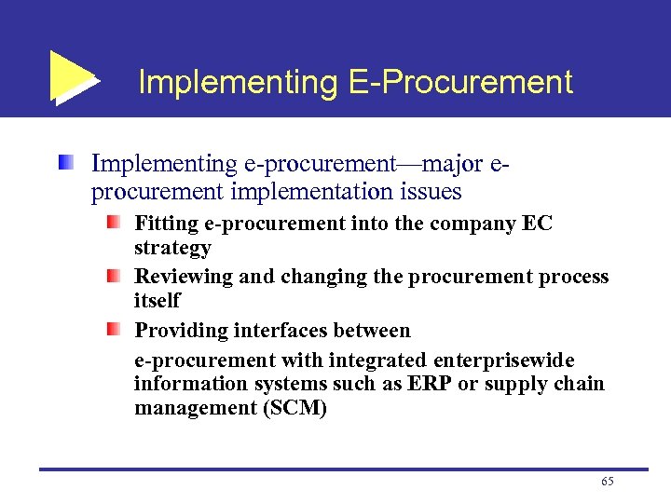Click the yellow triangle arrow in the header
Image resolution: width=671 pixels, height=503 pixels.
tap(71, 76)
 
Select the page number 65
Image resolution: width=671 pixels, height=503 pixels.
tap(608, 482)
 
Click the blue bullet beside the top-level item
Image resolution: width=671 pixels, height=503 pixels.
tap(66, 164)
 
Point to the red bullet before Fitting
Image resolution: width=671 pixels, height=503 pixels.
tap(113, 224)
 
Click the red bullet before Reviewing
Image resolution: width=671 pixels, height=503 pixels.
tap(113, 277)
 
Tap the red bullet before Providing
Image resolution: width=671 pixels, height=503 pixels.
tap(113, 330)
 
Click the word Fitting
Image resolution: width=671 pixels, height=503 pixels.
tap(165, 224)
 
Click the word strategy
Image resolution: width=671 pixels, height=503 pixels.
tap(172, 249)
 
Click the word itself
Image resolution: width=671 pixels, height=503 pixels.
tap(157, 301)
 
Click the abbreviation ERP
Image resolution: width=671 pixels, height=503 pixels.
tap(431, 384)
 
